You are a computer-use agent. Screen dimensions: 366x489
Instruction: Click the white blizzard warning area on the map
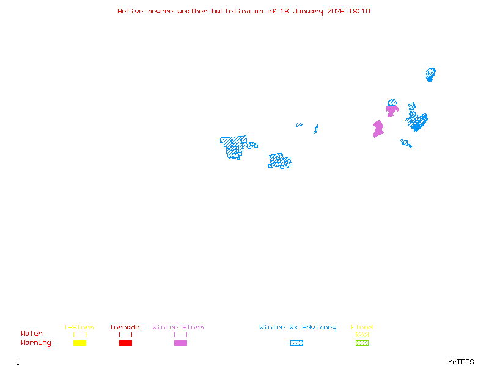point(252,138)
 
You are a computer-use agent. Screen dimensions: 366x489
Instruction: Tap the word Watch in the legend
point(32,334)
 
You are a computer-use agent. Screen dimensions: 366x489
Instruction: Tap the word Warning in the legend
point(36,343)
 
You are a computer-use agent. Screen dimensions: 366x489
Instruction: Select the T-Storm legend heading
point(79,328)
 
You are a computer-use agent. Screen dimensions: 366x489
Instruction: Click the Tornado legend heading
point(125,328)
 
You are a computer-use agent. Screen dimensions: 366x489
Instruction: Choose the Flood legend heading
point(362,328)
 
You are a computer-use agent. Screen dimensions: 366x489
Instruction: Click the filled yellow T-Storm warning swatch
point(79,343)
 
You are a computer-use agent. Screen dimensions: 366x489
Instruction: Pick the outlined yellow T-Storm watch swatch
point(79,334)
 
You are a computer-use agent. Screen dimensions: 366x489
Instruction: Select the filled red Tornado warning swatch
point(125,343)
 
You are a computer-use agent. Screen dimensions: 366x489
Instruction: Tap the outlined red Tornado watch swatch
point(125,334)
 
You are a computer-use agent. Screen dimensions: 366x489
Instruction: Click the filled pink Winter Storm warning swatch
point(180,343)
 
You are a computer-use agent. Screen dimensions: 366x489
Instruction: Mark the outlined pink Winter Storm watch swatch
point(180,334)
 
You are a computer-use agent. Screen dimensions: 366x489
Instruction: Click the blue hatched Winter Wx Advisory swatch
point(296,343)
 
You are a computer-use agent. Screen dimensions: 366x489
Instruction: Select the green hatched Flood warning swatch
point(362,343)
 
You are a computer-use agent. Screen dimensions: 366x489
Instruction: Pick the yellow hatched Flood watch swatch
point(362,334)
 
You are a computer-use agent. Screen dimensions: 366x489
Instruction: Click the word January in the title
point(306,11)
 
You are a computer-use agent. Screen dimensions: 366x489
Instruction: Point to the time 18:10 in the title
point(359,11)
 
